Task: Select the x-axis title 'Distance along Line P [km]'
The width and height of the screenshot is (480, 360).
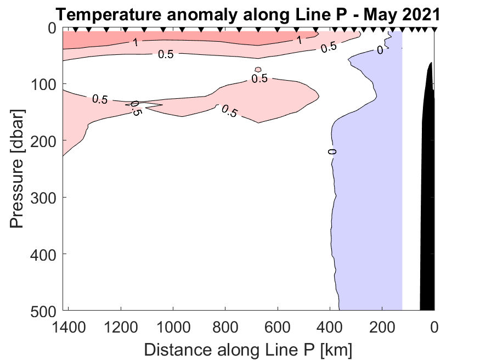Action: [248, 348]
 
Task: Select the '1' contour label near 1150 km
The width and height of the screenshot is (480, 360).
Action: [135, 41]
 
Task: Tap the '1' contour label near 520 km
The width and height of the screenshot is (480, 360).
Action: [300, 40]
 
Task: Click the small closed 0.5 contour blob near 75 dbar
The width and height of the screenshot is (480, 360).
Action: [258, 70]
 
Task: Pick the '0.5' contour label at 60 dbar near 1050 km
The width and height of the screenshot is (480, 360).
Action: [166, 54]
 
